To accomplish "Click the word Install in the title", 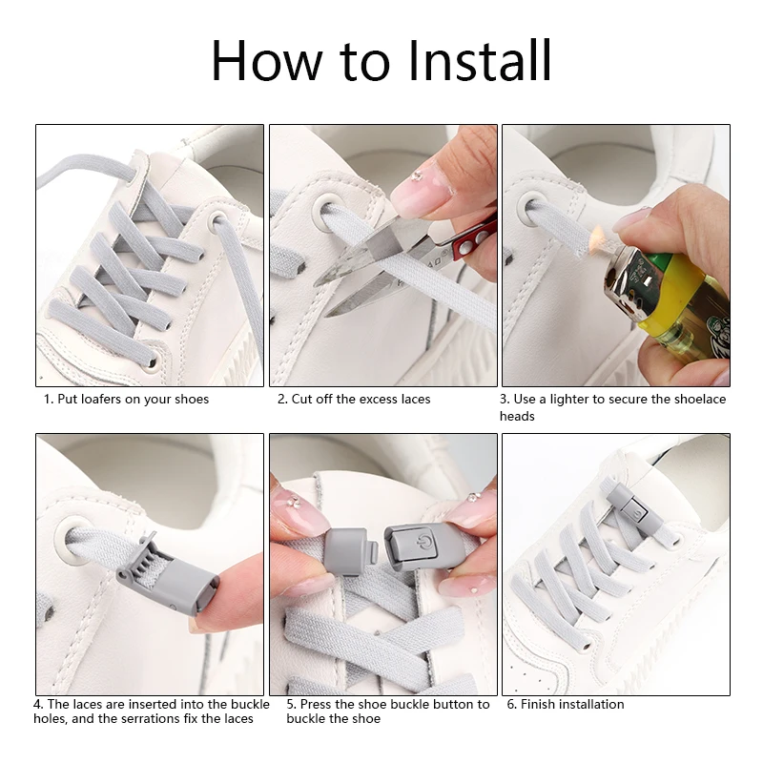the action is [480, 61].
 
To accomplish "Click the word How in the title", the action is [267, 61].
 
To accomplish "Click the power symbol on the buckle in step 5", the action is [422, 542].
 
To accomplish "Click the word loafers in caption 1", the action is [101, 399].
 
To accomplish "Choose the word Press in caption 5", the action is [316, 704].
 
